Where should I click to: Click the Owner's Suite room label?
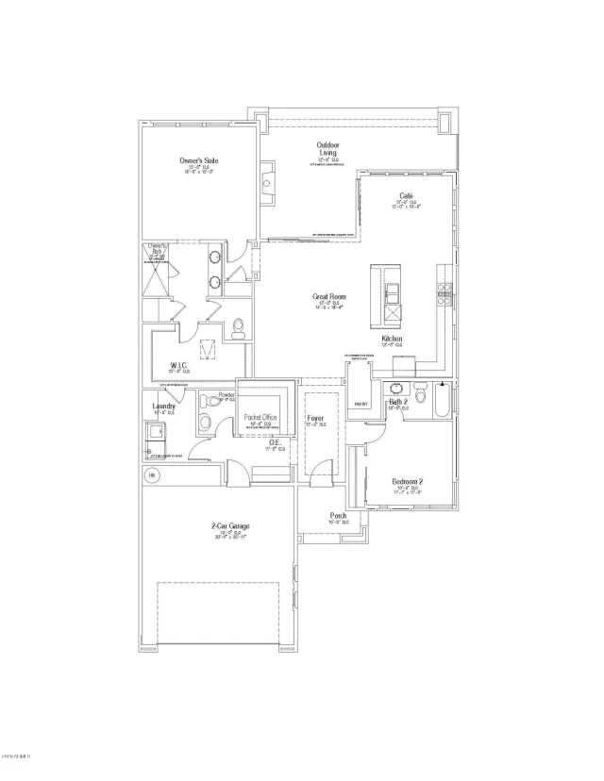[198, 161]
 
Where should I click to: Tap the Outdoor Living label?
[327, 149]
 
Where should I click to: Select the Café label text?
[407, 195]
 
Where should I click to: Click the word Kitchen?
[393, 339]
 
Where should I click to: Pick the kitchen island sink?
[393, 288]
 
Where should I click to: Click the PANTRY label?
[361, 403]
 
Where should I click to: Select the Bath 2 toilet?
[421, 394]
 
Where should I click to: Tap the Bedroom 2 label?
[407, 482]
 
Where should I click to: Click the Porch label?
[338, 516]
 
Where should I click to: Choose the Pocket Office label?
[260, 417]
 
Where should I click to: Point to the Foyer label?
[315, 418]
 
